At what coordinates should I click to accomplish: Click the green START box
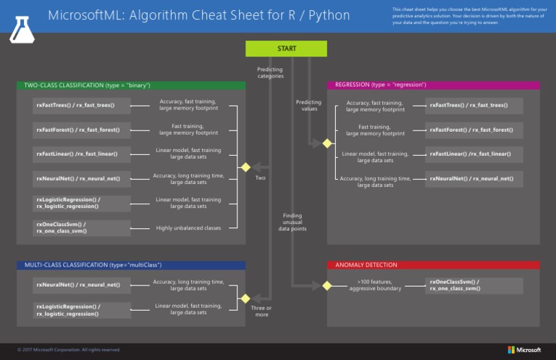[286, 49]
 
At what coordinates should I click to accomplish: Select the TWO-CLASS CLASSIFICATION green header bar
[131, 85]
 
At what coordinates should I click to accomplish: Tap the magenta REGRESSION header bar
[433, 85]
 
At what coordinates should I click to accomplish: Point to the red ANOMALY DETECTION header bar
[433, 265]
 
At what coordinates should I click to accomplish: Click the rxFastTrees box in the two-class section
[82, 105]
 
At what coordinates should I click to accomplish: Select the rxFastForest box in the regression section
[473, 130]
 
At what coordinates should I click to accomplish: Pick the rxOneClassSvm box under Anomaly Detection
[473, 285]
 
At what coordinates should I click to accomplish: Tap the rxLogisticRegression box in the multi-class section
[82, 310]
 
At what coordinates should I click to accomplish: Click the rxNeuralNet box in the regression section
[473, 177]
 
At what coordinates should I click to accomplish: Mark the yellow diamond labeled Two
[245, 167]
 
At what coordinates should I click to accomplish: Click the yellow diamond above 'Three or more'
[245, 297]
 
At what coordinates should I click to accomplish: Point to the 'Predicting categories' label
[270, 72]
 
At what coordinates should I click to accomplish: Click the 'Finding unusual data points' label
[292, 222]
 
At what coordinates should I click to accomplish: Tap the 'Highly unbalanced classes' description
[188, 228]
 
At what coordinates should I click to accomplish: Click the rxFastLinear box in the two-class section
[82, 154]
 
